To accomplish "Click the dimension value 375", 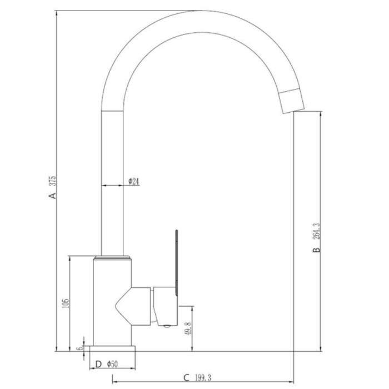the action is (x=53, y=181).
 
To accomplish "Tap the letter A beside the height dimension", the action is (x=53, y=196).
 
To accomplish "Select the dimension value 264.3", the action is (x=317, y=231).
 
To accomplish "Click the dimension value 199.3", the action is (x=203, y=378).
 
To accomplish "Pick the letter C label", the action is (x=186, y=378).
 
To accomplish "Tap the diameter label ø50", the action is (x=112, y=364).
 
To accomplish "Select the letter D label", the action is (x=98, y=364).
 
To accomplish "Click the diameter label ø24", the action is (x=134, y=181).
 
